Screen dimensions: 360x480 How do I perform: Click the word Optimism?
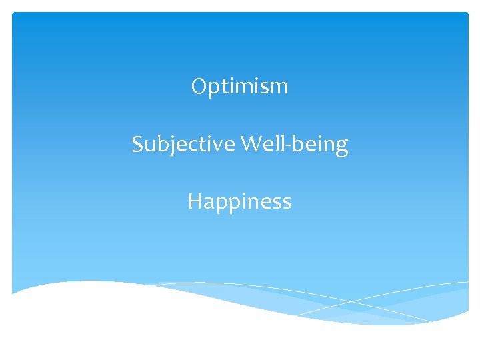240,87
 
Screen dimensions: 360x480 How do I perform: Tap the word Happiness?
240,201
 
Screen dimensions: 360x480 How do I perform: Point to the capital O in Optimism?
199,86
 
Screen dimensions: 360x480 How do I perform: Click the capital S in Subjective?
137,144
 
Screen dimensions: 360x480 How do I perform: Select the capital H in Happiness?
195,201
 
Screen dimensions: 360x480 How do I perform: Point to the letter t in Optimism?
223,87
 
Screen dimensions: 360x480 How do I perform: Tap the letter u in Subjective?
149,146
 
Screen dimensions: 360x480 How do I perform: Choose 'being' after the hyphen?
319,145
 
